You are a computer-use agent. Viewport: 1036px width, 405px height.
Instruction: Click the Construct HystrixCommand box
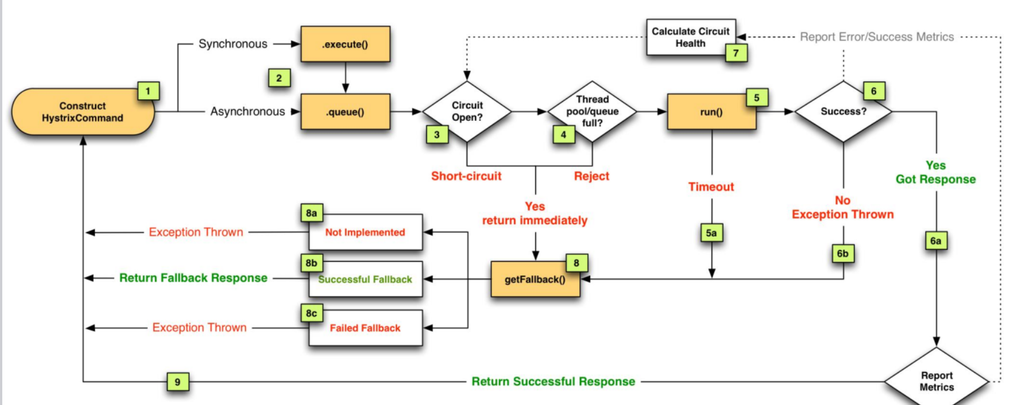[83, 112]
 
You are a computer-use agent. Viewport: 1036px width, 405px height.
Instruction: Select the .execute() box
[346, 44]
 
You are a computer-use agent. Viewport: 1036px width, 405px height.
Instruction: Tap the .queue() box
[346, 112]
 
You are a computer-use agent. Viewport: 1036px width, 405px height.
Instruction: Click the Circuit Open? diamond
[467, 111]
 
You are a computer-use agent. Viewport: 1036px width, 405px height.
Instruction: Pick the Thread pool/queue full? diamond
[592, 111]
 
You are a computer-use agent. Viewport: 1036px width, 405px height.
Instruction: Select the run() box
[712, 112]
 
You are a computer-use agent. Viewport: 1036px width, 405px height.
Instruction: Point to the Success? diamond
[843, 111]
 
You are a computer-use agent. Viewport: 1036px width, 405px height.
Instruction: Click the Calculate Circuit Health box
[691, 37]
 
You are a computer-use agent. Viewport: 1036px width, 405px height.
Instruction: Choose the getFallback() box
[535, 279]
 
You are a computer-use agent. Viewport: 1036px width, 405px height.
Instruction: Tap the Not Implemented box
[365, 232]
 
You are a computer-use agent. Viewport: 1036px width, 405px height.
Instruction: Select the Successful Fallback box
[365, 279]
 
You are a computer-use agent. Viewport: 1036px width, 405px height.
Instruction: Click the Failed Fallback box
[365, 328]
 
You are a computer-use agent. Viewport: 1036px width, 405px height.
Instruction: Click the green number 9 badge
[178, 382]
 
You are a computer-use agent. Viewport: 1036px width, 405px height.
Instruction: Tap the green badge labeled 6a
[936, 241]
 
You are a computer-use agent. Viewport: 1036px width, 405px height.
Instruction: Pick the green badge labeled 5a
[712, 233]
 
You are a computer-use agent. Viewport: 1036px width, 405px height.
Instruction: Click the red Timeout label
[711, 187]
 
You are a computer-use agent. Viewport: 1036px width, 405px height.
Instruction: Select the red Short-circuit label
[466, 176]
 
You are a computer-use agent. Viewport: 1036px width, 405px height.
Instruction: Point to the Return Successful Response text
[553, 381]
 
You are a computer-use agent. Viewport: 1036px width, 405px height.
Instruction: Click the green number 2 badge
[279, 78]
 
